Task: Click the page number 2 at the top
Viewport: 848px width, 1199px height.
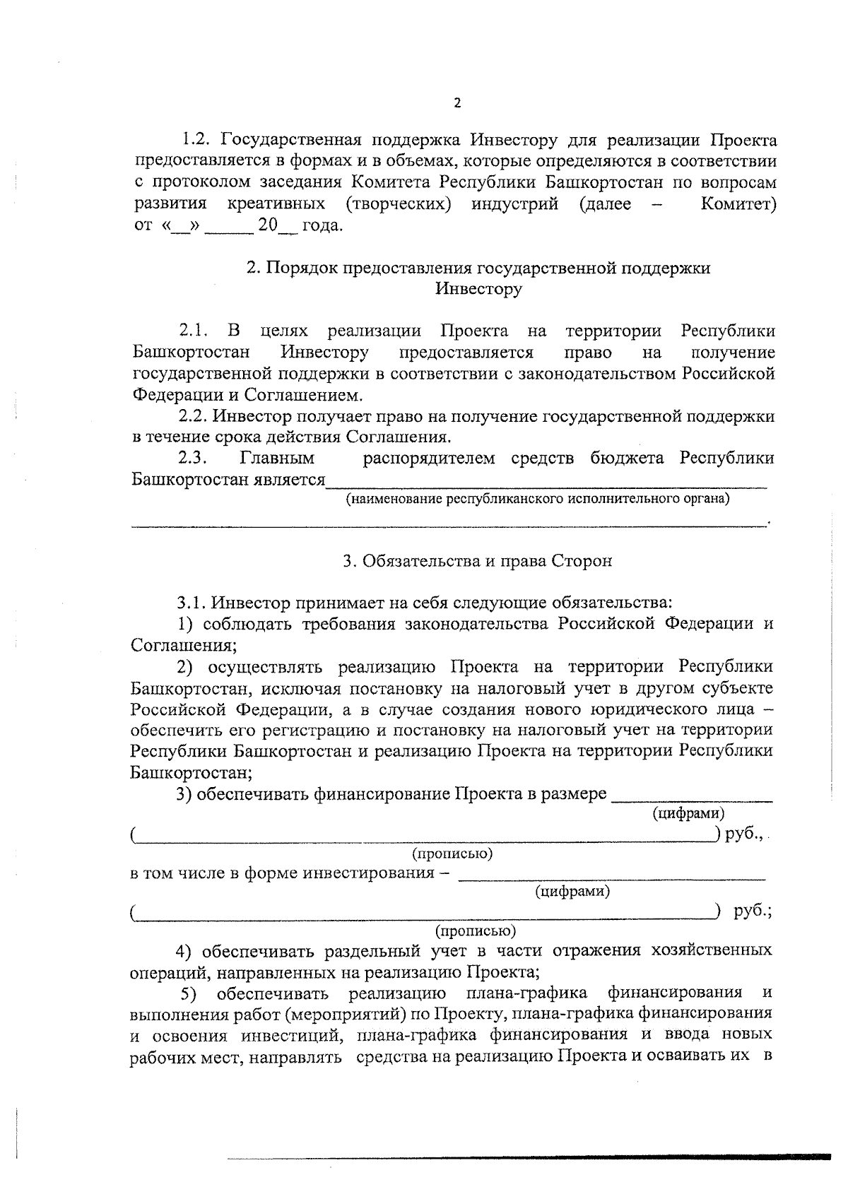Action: tap(457, 103)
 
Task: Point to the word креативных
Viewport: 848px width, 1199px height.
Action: tap(276, 205)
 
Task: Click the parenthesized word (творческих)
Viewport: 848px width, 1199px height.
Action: tap(399, 205)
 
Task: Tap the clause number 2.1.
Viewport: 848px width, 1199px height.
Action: tap(194, 331)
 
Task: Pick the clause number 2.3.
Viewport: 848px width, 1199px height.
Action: tap(192, 459)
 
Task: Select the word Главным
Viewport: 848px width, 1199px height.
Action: tap(278, 459)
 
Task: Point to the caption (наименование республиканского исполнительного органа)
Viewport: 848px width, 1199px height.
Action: tap(537, 500)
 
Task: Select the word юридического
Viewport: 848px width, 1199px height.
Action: tap(647, 709)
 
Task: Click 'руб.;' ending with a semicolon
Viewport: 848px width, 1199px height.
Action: tap(753, 911)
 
